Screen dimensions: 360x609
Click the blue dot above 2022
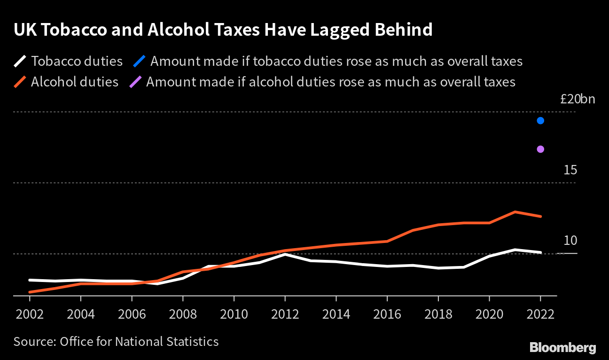540,121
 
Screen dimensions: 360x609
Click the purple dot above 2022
540,149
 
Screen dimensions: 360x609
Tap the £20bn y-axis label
578,99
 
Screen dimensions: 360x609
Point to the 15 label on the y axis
570,170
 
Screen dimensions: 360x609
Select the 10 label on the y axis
570,241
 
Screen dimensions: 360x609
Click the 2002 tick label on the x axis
30,313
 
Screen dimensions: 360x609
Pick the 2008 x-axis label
183,313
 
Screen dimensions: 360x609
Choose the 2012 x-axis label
285,313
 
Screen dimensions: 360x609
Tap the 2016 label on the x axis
387,313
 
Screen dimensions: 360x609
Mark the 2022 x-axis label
540,313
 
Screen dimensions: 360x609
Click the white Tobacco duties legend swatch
20,62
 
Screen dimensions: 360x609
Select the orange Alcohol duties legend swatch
20,82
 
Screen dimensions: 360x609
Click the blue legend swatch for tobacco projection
139,62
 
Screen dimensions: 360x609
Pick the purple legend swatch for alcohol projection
135,82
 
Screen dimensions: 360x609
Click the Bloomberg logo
562,348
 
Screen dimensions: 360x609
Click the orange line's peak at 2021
515,212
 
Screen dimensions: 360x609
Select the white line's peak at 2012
285,254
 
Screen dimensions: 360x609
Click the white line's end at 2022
540,252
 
